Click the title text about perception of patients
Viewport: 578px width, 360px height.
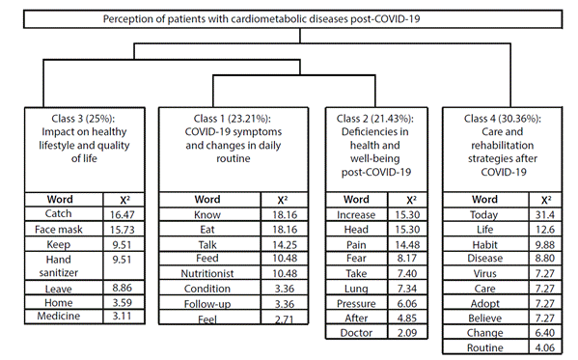[261, 18]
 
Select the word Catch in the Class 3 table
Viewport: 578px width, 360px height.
[58, 213]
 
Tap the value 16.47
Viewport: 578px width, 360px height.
[122, 214]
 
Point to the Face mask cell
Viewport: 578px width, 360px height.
[59, 230]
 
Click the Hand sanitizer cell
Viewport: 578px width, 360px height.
[59, 266]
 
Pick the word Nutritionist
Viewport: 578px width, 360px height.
[207, 273]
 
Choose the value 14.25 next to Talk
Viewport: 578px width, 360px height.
[285, 244]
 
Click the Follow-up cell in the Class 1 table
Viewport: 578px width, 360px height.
[207, 304]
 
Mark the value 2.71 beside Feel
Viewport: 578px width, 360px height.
[285, 319]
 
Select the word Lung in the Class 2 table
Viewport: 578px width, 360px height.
[356, 289]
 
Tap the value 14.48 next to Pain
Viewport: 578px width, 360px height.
[407, 244]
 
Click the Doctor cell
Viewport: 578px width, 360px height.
[356, 333]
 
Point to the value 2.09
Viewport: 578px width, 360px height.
[407, 333]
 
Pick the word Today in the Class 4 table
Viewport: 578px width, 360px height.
[484, 214]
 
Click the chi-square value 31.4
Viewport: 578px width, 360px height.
[545, 214]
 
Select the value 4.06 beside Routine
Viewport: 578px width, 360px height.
[545, 347]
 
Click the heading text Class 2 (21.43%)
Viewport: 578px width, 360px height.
[375, 119]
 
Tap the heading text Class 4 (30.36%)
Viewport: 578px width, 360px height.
[503, 119]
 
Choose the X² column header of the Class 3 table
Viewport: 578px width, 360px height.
[125, 200]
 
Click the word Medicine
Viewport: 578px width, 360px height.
[58, 316]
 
